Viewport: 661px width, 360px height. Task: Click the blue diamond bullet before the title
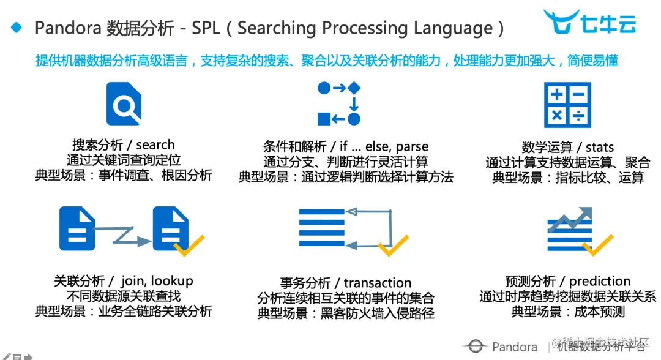point(17,27)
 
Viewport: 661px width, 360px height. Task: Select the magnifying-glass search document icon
point(124,104)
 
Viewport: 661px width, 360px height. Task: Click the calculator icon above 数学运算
point(567,105)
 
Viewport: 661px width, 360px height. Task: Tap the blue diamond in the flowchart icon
point(354,88)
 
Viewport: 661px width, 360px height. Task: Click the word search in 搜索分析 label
point(155,145)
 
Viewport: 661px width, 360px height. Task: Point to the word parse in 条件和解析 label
point(412,147)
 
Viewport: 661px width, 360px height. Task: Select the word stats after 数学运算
point(599,147)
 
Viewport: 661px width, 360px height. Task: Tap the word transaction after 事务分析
point(378,283)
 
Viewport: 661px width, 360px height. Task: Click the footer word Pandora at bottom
point(514,347)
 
